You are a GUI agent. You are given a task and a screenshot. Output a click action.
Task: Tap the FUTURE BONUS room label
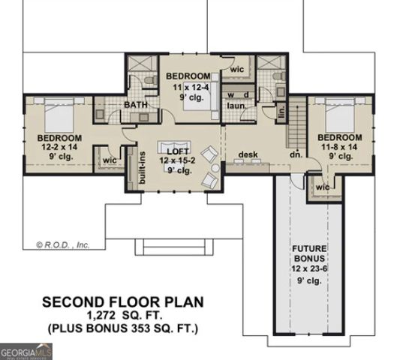308,249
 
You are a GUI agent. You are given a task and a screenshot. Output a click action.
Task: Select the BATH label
135,105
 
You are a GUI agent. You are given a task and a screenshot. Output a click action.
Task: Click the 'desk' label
248,155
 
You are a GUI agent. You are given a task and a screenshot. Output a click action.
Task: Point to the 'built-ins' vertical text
142,166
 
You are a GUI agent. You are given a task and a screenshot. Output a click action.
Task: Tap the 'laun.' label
238,106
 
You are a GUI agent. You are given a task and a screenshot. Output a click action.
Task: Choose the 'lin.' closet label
281,113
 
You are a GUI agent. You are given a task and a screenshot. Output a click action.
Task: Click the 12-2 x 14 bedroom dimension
59,148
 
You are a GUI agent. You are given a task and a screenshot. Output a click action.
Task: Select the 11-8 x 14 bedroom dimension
338,148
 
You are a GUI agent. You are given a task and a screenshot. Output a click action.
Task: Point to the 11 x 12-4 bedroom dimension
187,87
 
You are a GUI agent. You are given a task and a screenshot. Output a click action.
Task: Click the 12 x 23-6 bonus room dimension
308,268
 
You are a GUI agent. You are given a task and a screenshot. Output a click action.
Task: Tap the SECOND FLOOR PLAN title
122,302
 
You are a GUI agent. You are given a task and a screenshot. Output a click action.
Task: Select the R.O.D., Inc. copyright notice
62,244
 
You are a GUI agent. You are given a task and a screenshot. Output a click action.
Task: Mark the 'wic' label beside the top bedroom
236,70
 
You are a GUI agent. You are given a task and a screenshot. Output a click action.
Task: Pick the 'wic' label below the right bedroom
323,186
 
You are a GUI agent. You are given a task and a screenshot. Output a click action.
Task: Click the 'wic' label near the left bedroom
109,160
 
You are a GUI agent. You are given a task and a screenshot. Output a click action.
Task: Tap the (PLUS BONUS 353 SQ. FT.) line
122,328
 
